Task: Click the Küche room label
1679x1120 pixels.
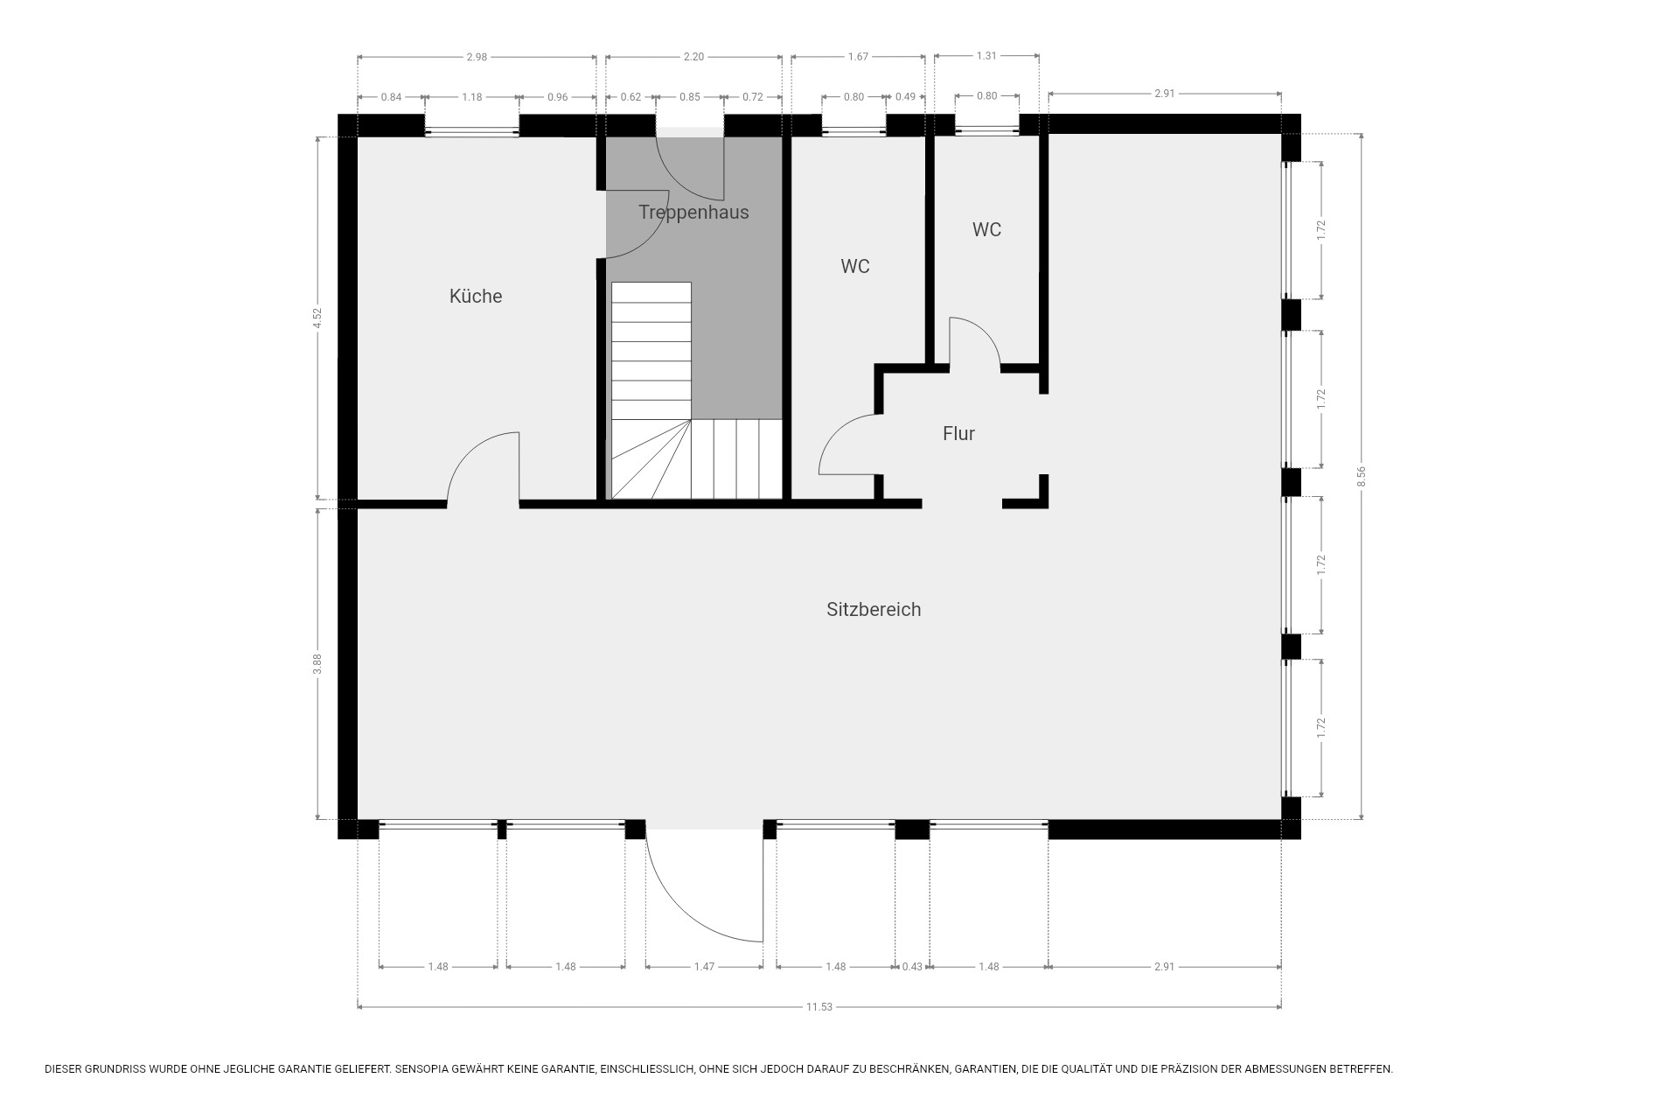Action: coord(476,296)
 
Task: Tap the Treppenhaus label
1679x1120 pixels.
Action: coord(693,213)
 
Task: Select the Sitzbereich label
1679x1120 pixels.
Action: coord(874,609)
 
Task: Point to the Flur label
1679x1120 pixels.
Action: coord(958,433)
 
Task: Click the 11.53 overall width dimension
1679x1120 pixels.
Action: coord(819,1007)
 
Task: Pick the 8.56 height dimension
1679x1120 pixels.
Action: coord(1362,477)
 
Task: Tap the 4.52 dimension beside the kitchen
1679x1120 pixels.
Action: coord(318,318)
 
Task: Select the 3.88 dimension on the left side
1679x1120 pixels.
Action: coord(318,663)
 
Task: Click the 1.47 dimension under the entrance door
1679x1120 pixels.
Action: coord(704,967)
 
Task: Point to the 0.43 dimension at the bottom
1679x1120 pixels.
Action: coord(912,967)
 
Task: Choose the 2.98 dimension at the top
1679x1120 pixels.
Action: coord(477,57)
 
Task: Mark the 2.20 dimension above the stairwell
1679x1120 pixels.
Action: coord(693,57)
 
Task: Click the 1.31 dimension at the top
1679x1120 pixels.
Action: coord(986,56)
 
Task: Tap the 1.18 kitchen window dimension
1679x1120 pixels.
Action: coord(472,97)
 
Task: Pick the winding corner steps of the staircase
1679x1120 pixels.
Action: coord(651,459)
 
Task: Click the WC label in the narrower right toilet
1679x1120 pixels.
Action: coord(986,229)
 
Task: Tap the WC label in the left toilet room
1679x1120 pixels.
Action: coord(855,266)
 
